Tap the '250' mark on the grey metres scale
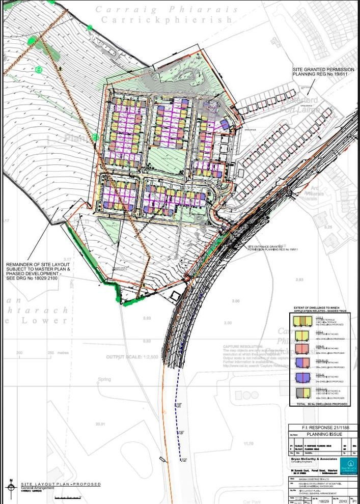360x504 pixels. (x=50, y=352)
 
